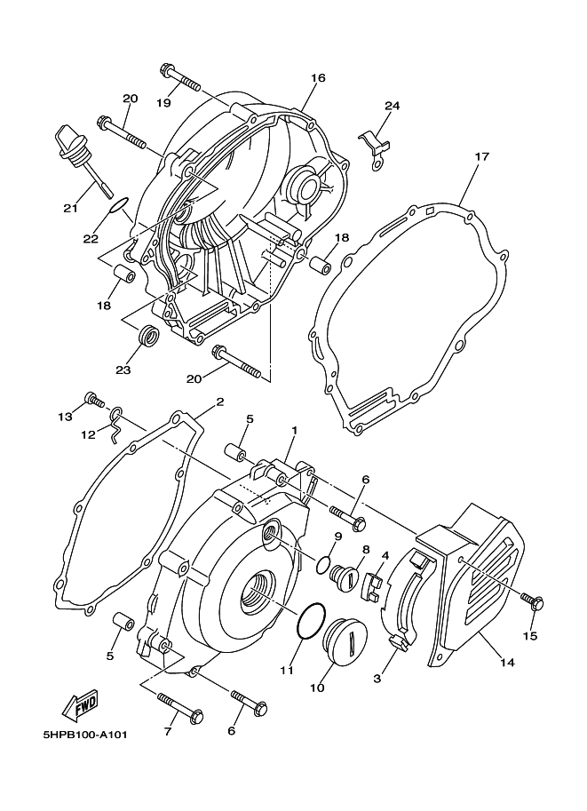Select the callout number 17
[481, 156]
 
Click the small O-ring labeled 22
[118, 205]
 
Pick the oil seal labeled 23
[148, 335]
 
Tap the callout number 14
[508, 662]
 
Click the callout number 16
[318, 78]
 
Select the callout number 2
[220, 402]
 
